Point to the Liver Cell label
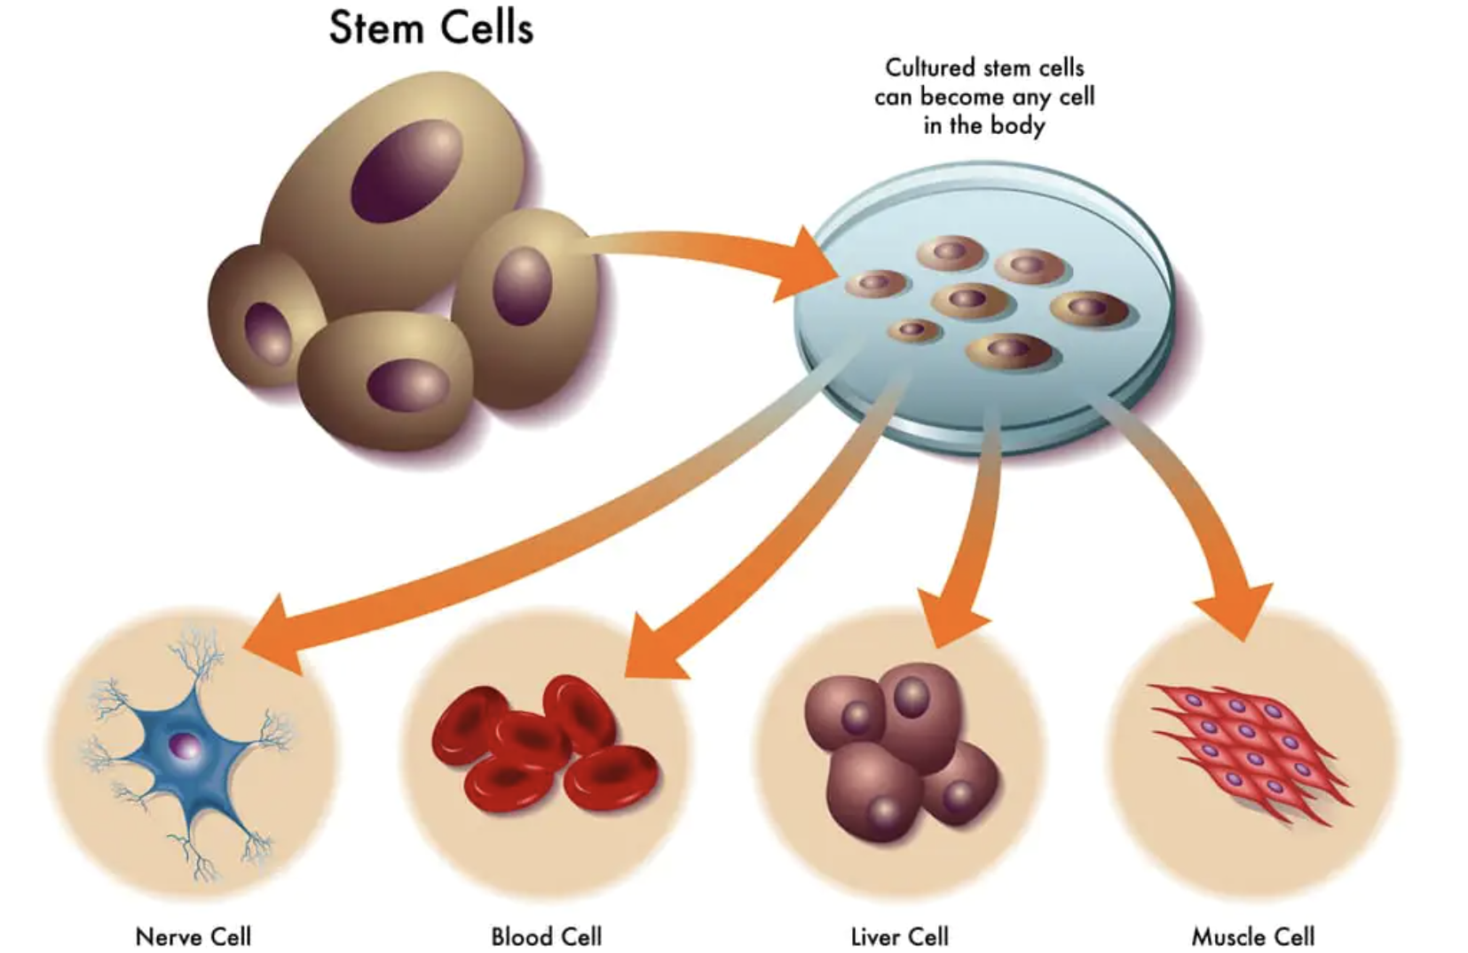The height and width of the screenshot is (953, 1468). point(899,936)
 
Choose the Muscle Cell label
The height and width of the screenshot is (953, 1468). point(1252,936)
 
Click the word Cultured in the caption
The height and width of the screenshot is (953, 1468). point(930,67)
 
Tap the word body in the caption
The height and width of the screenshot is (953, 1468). point(1017,125)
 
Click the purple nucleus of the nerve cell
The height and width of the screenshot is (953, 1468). point(186,747)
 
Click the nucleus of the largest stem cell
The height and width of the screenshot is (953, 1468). point(406,170)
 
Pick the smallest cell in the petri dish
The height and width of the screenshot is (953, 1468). point(912,330)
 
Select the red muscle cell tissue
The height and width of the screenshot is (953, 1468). point(1247,750)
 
